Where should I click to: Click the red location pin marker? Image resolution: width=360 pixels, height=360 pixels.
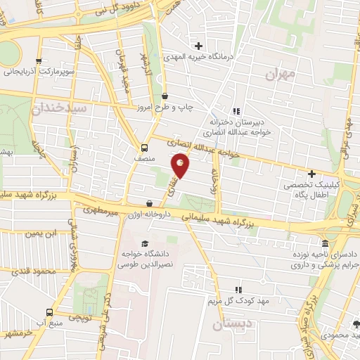[181, 166]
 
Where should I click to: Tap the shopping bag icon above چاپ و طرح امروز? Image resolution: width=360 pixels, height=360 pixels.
[165, 96]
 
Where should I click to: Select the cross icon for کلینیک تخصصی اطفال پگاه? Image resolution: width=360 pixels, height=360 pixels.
[311, 174]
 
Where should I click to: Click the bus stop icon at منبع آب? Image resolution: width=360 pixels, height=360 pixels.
[49, 311]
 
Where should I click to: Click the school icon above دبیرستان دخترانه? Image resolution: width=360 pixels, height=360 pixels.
[236, 111]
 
